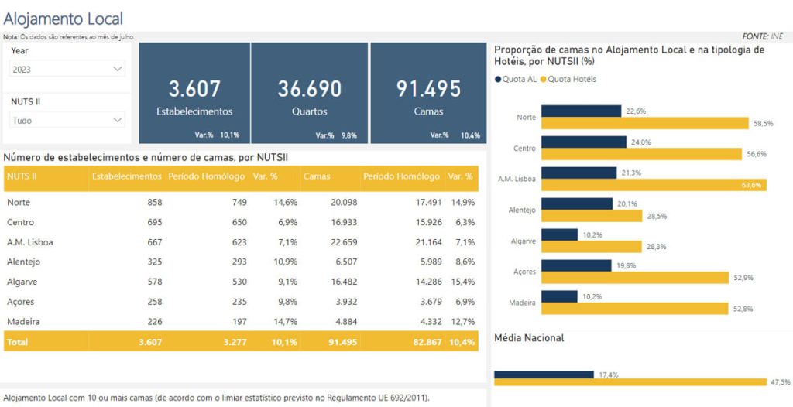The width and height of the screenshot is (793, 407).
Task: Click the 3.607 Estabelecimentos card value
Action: [x=194, y=89]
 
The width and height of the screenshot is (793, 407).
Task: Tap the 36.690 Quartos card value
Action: [x=309, y=89]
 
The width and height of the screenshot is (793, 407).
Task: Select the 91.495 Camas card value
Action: [x=428, y=89]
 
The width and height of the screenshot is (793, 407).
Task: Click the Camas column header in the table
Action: [x=317, y=176]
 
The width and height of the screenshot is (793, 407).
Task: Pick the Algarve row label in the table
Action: [x=22, y=282]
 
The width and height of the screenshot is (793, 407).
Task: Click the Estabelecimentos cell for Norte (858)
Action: [x=153, y=202]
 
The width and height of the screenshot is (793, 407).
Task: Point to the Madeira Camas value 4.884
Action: [x=345, y=321]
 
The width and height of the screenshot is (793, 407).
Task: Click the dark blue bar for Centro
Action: [x=583, y=142]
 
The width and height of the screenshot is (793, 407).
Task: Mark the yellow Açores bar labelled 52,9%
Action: [x=635, y=277]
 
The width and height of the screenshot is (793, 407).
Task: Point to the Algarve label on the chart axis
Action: [x=524, y=241]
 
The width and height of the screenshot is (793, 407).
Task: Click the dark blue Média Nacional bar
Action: [x=544, y=375]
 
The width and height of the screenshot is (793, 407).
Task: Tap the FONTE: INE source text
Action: [x=762, y=36]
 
